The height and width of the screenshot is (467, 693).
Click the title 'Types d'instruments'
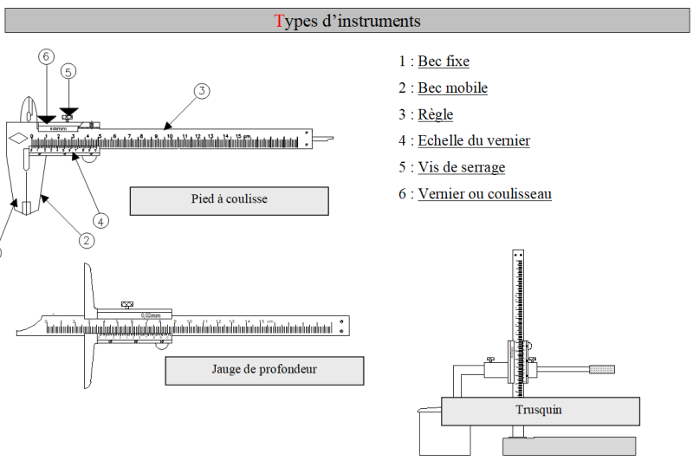point(347,21)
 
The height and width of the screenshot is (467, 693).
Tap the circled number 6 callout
point(46,56)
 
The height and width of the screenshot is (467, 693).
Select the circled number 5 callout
point(68,71)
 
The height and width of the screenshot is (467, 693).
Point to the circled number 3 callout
point(201,90)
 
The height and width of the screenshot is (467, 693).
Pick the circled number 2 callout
point(87,240)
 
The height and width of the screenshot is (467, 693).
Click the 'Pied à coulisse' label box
point(229,200)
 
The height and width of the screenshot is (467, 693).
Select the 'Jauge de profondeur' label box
point(264,370)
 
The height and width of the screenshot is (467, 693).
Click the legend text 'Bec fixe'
point(444,62)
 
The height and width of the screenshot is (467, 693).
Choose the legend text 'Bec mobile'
point(452,88)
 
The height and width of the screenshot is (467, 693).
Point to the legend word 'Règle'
point(435,114)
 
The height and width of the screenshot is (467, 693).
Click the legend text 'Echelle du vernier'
point(474,141)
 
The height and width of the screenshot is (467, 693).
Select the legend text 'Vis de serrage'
point(461,167)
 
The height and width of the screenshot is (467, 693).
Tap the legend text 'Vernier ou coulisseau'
point(484,194)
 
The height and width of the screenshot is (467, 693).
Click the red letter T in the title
point(279,21)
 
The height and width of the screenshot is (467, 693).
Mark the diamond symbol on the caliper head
point(17,138)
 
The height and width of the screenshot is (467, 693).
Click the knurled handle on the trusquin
point(601,369)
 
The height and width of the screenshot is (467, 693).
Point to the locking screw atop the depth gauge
point(127,304)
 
